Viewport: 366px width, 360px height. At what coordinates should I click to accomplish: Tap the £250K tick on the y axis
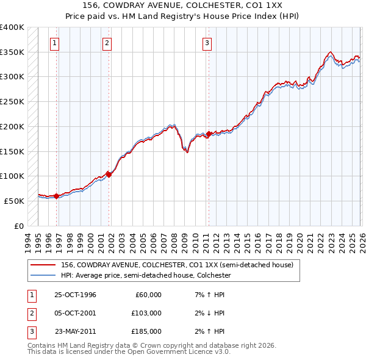click(12, 101)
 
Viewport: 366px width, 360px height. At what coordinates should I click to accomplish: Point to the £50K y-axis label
click(14, 200)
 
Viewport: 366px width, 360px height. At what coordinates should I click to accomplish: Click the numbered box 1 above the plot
click(55, 43)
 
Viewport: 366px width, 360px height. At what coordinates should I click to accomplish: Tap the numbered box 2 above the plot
click(107, 43)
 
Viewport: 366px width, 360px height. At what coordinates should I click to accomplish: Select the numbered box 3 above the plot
click(207, 43)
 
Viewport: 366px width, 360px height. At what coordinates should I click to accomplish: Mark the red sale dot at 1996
click(57, 196)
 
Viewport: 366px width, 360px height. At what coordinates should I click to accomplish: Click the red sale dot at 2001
click(109, 175)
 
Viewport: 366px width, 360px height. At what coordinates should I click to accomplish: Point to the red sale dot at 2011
click(209, 134)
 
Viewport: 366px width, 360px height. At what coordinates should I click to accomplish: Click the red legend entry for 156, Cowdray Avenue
click(177, 265)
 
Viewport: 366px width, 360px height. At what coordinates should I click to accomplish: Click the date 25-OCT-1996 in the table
click(75, 295)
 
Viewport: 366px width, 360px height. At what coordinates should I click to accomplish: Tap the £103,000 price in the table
click(146, 313)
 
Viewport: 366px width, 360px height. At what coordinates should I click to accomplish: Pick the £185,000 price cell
click(146, 331)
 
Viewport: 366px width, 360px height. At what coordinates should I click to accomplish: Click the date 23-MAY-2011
click(75, 331)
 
